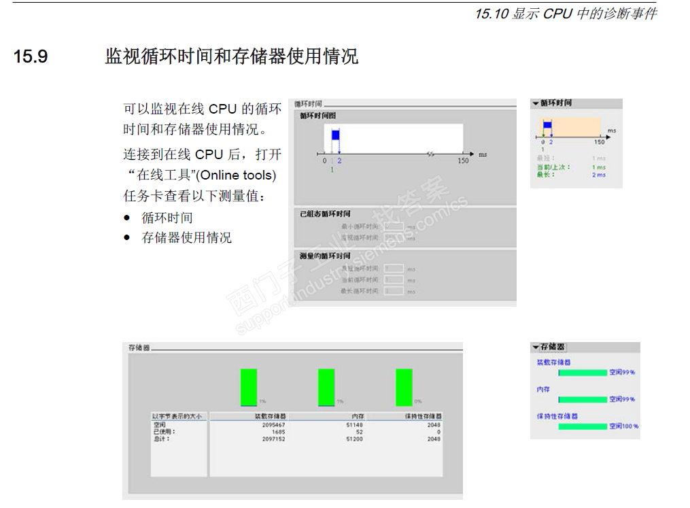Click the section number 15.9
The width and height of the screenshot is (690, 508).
(31, 56)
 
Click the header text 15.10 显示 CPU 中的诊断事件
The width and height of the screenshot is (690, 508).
(566, 14)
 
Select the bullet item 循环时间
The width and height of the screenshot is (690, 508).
(167, 218)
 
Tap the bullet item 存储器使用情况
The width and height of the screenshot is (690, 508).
(186, 237)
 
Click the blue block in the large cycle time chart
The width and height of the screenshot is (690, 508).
(335, 135)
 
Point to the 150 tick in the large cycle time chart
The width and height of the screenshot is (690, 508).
(463, 161)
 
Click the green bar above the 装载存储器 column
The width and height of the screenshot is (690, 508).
(249, 387)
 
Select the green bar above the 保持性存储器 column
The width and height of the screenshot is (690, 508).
(404, 387)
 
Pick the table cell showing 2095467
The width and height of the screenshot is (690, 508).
(273, 424)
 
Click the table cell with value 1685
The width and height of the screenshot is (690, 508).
(278, 432)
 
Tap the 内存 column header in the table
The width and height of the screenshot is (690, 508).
(358, 416)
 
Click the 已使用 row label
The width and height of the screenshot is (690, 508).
(164, 432)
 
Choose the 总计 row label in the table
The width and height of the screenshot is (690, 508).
(161, 439)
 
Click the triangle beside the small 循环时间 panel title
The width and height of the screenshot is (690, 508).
(536, 103)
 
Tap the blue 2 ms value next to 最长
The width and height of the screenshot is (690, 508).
(598, 175)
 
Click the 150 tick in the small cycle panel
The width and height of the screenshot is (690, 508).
(599, 142)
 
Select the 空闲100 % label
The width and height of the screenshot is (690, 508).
(623, 426)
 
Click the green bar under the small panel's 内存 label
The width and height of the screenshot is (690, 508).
(583, 399)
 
